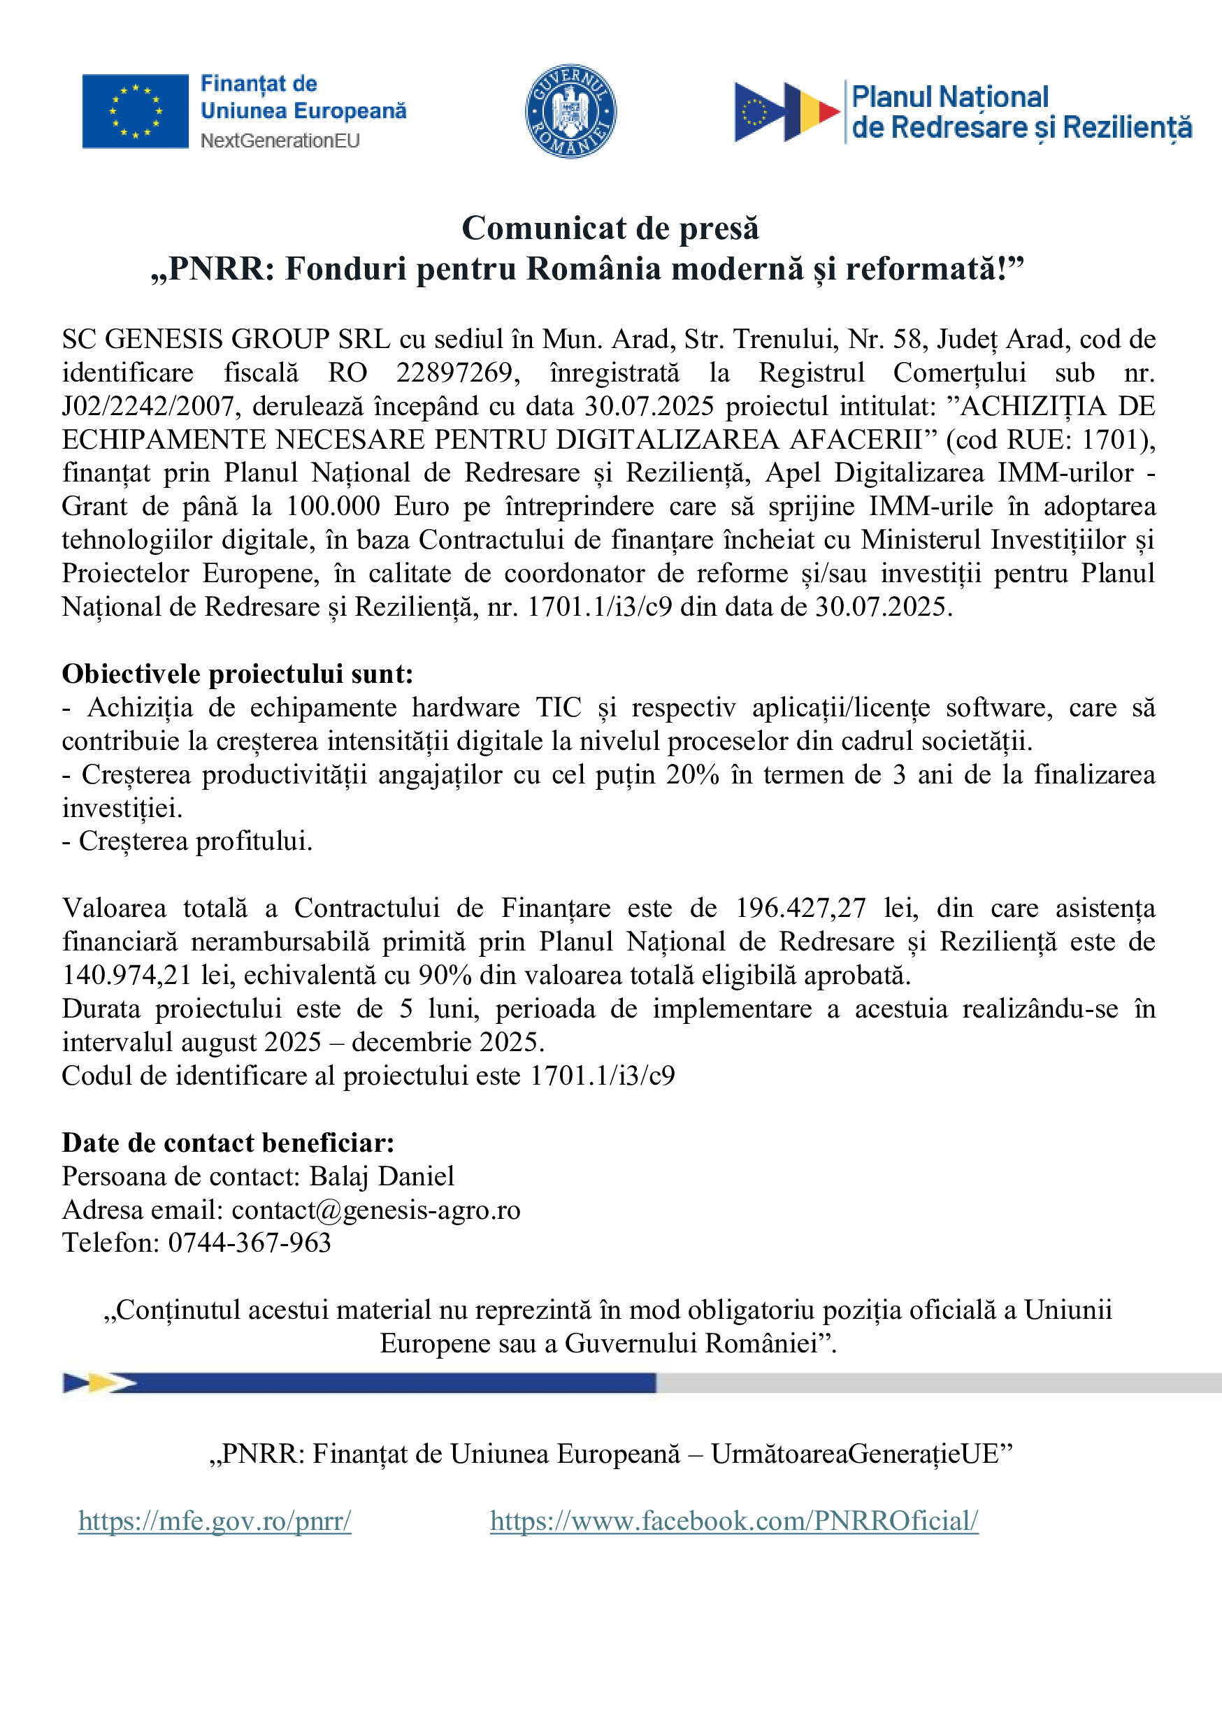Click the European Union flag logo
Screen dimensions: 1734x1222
[135, 111]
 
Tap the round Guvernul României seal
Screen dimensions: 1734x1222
[570, 111]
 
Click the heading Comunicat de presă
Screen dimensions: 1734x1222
[610, 228]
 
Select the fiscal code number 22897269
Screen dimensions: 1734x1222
[457, 373]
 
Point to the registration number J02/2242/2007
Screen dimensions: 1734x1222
[148, 406]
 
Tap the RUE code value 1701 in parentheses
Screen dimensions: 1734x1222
[1109, 440]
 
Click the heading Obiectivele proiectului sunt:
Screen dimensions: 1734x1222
[237, 674]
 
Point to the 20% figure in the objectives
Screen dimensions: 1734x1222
[692, 775]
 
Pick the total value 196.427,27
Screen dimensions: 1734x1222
[800, 908]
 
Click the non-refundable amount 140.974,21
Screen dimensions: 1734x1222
[126, 975]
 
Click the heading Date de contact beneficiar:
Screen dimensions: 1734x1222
[228, 1143]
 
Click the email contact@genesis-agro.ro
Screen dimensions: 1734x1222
[375, 1210]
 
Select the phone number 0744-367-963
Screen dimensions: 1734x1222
[250, 1243]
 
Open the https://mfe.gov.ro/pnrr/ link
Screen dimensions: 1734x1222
[215, 1520]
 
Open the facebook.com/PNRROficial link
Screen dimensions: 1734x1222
[734, 1520]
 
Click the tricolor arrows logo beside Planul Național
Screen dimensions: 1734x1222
[786, 113]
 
